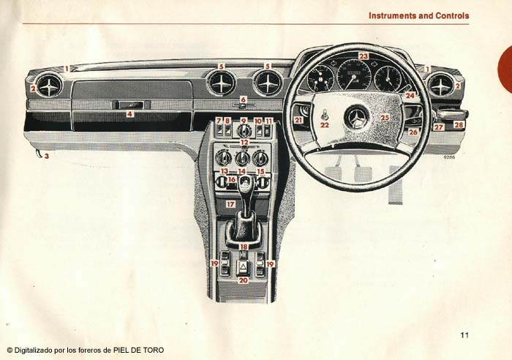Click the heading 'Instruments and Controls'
tap(418, 15)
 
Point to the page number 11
tap(464, 336)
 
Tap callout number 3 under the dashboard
tap(46, 156)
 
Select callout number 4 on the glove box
tap(129, 114)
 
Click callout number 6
tap(244, 99)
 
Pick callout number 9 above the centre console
tap(244, 120)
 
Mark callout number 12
tap(244, 142)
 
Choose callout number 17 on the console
tap(230, 204)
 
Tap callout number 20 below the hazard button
tap(244, 280)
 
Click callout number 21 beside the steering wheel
tap(298, 120)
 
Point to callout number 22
tap(324, 125)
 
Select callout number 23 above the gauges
tap(364, 56)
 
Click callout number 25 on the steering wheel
tap(385, 117)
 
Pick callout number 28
tap(459, 125)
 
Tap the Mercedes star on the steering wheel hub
tap(356, 118)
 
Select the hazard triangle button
tap(244, 268)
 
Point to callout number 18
tap(244, 247)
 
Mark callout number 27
tap(438, 127)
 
